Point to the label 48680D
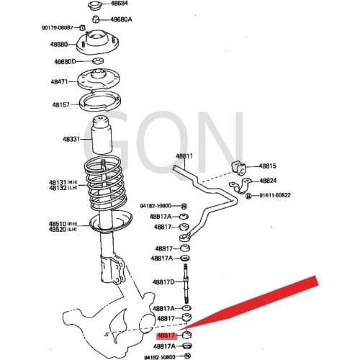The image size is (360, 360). [64, 61]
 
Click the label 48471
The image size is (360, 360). [59, 82]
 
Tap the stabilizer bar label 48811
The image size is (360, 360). [185, 156]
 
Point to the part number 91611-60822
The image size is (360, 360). [276, 195]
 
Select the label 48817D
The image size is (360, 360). [163, 282]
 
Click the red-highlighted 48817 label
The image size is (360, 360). [166, 336]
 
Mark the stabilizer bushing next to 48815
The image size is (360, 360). [240, 168]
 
